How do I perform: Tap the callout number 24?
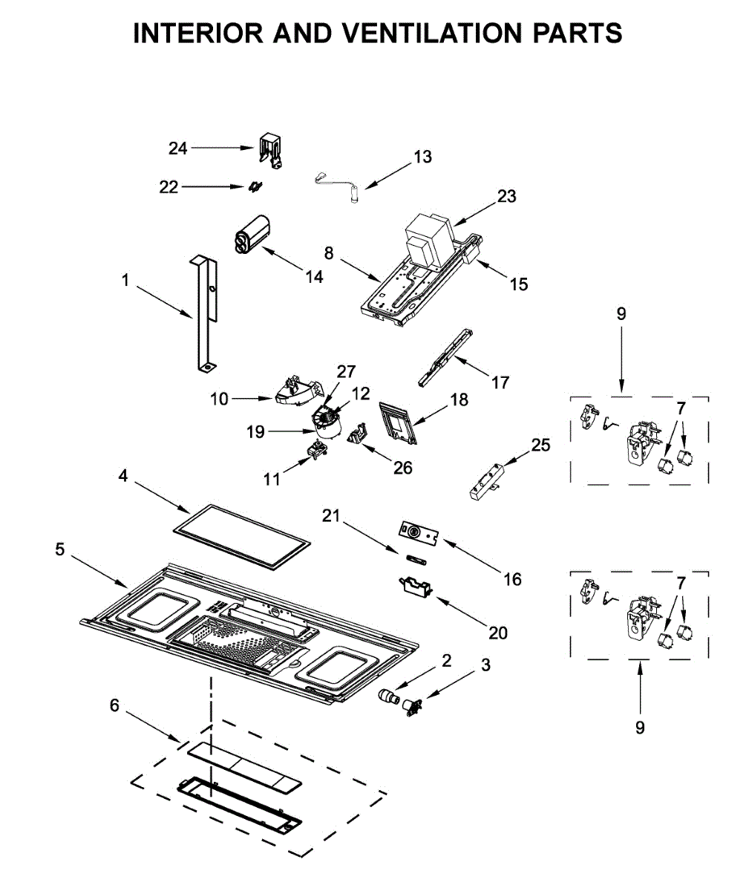tap(178, 148)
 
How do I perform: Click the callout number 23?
tap(507, 196)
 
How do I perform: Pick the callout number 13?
tap(422, 157)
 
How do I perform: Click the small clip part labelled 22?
tap(255, 187)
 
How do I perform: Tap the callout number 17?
tap(500, 382)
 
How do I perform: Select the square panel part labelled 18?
tap(398, 422)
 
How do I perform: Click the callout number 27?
tap(346, 372)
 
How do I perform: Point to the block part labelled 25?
tap(487, 481)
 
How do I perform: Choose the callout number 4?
tap(122, 475)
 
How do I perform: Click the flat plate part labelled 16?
tap(419, 533)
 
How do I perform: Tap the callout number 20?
tap(497, 633)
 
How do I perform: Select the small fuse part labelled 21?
tap(415, 559)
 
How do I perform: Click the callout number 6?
tap(114, 705)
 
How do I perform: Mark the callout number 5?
tap(59, 549)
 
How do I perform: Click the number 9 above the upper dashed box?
tap(621, 313)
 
